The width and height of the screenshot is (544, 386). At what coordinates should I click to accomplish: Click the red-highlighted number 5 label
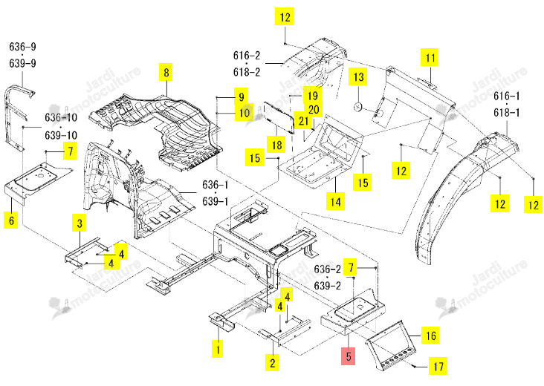click(349, 356)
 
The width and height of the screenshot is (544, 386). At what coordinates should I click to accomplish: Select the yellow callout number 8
click(166, 72)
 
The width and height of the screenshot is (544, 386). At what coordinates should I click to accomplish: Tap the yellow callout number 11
click(430, 57)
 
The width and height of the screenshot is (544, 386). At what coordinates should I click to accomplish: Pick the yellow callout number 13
click(358, 76)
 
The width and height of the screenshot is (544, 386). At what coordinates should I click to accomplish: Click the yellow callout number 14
click(335, 201)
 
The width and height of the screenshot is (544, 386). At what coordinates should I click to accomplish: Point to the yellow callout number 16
click(430, 335)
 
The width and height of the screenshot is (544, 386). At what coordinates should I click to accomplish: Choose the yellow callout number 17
click(438, 366)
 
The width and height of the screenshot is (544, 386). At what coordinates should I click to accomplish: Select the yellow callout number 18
click(276, 144)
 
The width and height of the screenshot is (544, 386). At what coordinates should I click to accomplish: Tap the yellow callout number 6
click(11, 220)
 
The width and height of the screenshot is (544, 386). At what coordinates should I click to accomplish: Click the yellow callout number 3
click(80, 223)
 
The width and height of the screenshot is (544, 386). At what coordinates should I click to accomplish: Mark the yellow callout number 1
click(218, 349)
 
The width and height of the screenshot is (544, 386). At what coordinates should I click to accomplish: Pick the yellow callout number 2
click(272, 363)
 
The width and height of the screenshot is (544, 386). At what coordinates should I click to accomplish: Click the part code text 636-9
click(22, 47)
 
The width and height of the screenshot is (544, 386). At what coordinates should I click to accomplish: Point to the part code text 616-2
click(247, 56)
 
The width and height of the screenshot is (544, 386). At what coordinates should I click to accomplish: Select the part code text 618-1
click(507, 113)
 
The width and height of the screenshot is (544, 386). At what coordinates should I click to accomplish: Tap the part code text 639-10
click(61, 135)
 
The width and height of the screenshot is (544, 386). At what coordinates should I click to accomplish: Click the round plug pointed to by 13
click(358, 107)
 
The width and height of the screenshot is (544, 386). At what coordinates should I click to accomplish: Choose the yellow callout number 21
click(303, 120)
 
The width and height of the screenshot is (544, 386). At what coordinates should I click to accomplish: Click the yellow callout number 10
click(245, 112)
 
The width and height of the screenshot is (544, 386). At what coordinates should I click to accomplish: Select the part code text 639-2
click(328, 286)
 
